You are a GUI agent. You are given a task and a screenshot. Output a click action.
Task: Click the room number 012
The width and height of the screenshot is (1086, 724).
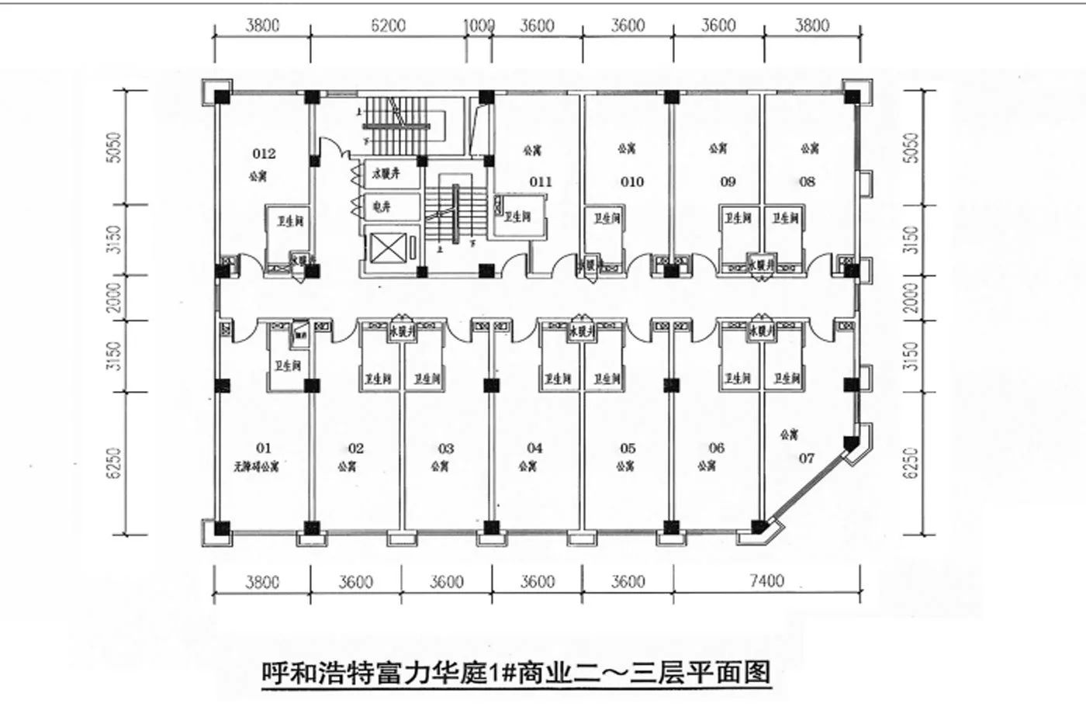[264, 154]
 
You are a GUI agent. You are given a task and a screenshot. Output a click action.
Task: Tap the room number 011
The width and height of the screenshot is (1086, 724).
[541, 182]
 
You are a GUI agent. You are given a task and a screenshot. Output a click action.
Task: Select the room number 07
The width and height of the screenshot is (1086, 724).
[807, 458]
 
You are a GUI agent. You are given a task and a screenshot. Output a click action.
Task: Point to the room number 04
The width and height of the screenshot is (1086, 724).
[534, 448]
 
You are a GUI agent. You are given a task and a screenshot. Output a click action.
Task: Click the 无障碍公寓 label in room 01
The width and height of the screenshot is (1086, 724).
[256, 467]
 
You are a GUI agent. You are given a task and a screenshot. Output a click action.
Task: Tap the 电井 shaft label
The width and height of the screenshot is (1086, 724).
[382, 207]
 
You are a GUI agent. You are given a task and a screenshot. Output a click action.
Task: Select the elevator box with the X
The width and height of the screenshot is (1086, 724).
[389, 250]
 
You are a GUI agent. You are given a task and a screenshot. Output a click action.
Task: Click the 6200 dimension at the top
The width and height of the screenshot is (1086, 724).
[388, 26]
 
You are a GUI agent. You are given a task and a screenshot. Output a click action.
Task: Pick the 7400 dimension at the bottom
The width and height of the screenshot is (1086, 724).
[766, 580]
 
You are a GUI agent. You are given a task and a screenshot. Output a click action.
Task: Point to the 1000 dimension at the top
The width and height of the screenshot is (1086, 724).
[479, 26]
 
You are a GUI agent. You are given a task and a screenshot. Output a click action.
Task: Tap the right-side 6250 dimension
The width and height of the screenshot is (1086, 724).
[912, 462]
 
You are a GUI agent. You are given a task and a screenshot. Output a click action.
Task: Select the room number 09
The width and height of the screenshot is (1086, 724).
[728, 182]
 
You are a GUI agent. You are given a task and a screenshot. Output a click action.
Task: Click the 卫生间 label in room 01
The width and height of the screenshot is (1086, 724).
[287, 365]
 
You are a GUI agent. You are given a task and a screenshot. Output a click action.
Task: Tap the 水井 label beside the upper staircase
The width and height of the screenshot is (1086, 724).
[386, 175]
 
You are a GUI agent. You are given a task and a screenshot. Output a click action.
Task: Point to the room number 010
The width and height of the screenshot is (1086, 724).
[632, 182]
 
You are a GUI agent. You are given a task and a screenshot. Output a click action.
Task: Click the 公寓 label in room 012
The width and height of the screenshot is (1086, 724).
[258, 176]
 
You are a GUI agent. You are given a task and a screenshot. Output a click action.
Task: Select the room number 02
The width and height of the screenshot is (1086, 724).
[355, 449]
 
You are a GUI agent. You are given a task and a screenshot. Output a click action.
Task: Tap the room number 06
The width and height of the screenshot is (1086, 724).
[716, 448]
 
